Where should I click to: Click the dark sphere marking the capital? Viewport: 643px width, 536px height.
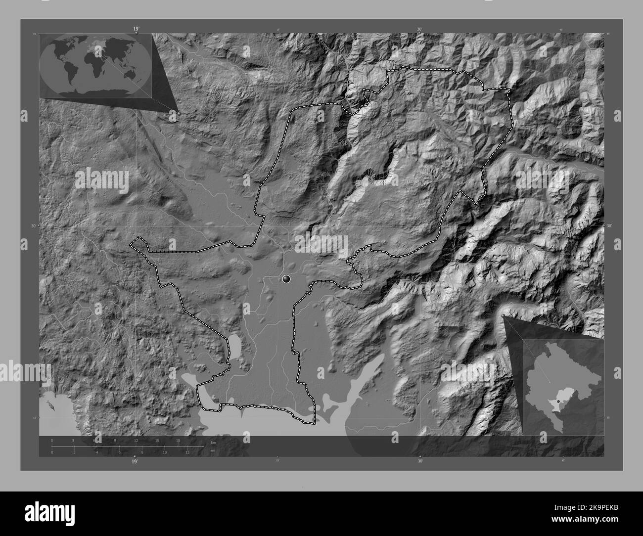pyautogui.click(x=286, y=279)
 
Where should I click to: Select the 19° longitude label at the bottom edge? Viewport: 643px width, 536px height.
pyautogui.click(x=134, y=462)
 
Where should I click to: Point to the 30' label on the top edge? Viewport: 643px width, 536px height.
pyautogui.click(x=419, y=30)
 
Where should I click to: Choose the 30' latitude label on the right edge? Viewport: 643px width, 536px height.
pyautogui.click(x=609, y=226)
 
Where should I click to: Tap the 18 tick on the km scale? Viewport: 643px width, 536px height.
pyautogui.click(x=178, y=440)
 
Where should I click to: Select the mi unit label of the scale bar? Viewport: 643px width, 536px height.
pyautogui.click(x=213, y=450)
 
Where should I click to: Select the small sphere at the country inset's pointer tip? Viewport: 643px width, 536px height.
pyautogui.click(x=504, y=315)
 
